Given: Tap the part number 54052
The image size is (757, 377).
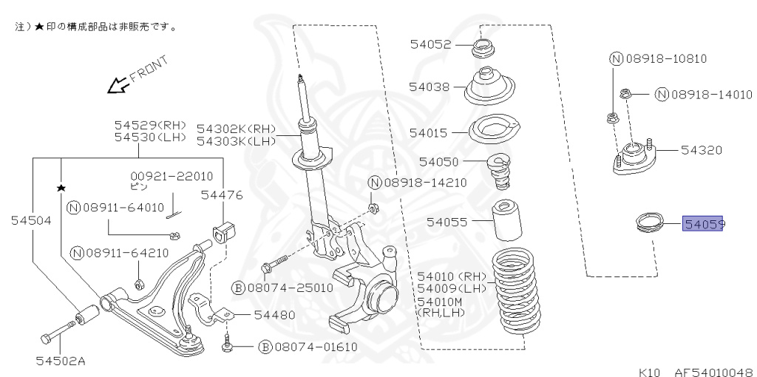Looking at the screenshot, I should (x=430, y=45).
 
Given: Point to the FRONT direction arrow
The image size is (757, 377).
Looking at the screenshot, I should (x=116, y=86).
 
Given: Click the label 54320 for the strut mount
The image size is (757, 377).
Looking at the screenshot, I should (x=701, y=150).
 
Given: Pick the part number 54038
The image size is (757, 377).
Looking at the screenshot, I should (x=430, y=86).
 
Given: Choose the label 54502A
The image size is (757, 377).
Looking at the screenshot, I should (x=61, y=361).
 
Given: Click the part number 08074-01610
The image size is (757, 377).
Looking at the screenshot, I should (x=315, y=347).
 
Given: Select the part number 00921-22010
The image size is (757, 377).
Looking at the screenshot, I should (x=172, y=176).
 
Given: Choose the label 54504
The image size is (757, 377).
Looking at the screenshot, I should (x=31, y=220).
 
